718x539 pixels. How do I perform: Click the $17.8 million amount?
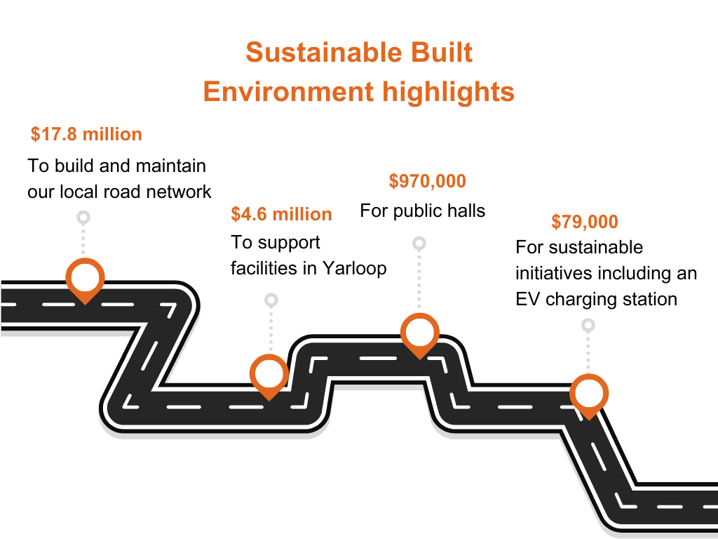pos(86,134)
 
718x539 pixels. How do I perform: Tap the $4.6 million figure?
pos(281,214)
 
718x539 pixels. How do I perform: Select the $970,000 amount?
pos(427,181)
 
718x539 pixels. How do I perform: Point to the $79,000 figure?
pos(585,221)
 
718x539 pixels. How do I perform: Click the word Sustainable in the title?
pos(323,52)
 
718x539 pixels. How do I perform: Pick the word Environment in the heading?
pos(288,91)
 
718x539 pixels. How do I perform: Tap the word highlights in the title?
pos(448,93)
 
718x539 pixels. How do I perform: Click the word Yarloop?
pos(354,268)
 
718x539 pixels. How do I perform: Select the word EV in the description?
pos(527,299)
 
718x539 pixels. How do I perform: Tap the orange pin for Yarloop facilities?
pos(269,376)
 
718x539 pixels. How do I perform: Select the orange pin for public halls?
pos(420,335)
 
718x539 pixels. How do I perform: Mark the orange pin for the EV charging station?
pos(589,396)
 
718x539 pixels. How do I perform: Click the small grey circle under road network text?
pos(83,218)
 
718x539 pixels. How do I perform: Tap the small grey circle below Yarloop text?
pos(271,300)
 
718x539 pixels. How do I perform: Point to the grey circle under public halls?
pos(419,244)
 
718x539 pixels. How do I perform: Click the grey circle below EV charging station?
pos(588,326)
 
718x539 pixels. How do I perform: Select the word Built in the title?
pos(442,52)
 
